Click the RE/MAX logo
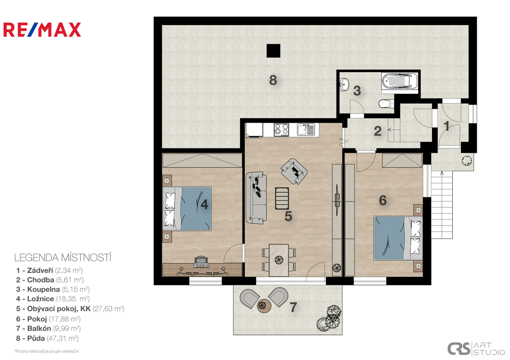tap(42, 30)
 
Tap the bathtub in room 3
tap(400, 81)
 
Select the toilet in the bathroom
tap(386, 104)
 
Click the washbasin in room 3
tap(344, 85)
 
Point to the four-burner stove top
tap(282, 130)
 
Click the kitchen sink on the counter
tap(306, 129)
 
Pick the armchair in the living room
tap(294, 171)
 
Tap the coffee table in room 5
tap(282, 198)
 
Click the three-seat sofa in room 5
tap(257, 198)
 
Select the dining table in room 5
tap(279, 260)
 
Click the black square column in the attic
tap(273, 51)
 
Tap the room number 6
tap(383, 200)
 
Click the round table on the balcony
tap(264, 306)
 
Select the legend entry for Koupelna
tap(53, 289)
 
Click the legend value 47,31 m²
tap(63, 338)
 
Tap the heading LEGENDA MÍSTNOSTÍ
tap(63, 258)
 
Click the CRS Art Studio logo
tap(476, 349)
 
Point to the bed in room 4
tap(187, 209)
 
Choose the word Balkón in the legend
tap(39, 328)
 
